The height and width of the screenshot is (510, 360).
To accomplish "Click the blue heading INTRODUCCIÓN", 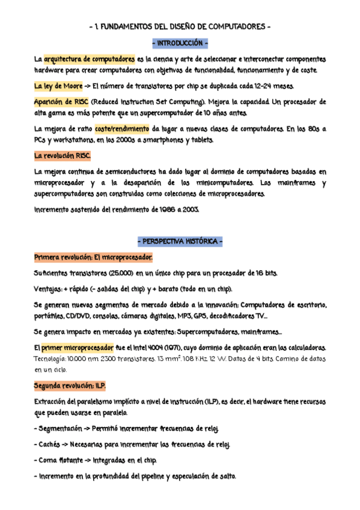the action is (x=180, y=45).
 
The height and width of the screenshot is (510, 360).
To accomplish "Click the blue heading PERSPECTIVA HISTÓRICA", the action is (x=180, y=242).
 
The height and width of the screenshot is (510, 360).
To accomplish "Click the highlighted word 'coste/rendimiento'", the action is (x=122, y=129).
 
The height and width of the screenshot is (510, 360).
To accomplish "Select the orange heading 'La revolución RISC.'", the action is (x=63, y=156).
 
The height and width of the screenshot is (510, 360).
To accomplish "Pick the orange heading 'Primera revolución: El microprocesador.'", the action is (x=93, y=257).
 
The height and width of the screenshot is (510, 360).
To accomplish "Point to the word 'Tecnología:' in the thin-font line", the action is (x=56, y=359).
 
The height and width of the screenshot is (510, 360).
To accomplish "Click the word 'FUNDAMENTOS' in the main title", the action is (x=131, y=28).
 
